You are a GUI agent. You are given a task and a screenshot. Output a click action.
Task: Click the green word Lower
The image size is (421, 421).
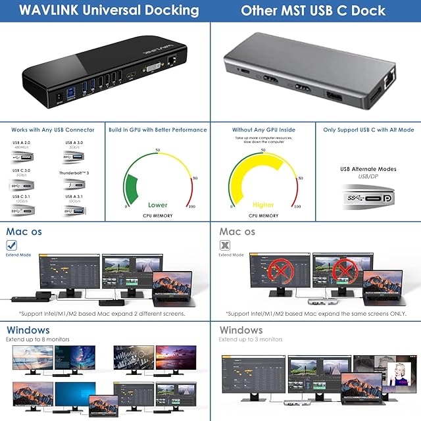click(158, 205)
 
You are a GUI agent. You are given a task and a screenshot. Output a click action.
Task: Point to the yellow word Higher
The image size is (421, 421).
click(262, 205)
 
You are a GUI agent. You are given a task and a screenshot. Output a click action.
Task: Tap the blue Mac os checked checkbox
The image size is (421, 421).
click(11, 245)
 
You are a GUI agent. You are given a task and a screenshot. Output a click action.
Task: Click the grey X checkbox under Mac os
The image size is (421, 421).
click(224, 245)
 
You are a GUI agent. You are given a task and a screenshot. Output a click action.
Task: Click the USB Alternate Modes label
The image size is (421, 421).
click(368, 169)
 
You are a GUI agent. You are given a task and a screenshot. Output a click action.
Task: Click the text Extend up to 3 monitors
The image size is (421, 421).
click(251, 339)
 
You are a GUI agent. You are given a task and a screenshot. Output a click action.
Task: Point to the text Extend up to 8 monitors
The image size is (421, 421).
click(37, 339)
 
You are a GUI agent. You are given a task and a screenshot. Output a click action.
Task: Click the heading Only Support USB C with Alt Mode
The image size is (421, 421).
click(368, 130)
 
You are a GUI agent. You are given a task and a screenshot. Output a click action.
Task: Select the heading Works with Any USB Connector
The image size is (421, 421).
click(53, 130)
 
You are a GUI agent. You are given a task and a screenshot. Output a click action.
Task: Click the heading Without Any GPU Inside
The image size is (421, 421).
click(262, 130)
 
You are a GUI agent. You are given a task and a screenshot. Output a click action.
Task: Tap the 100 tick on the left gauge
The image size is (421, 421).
click(192, 207)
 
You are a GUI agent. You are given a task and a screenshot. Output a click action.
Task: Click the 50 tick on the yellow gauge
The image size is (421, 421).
click(262, 151)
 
